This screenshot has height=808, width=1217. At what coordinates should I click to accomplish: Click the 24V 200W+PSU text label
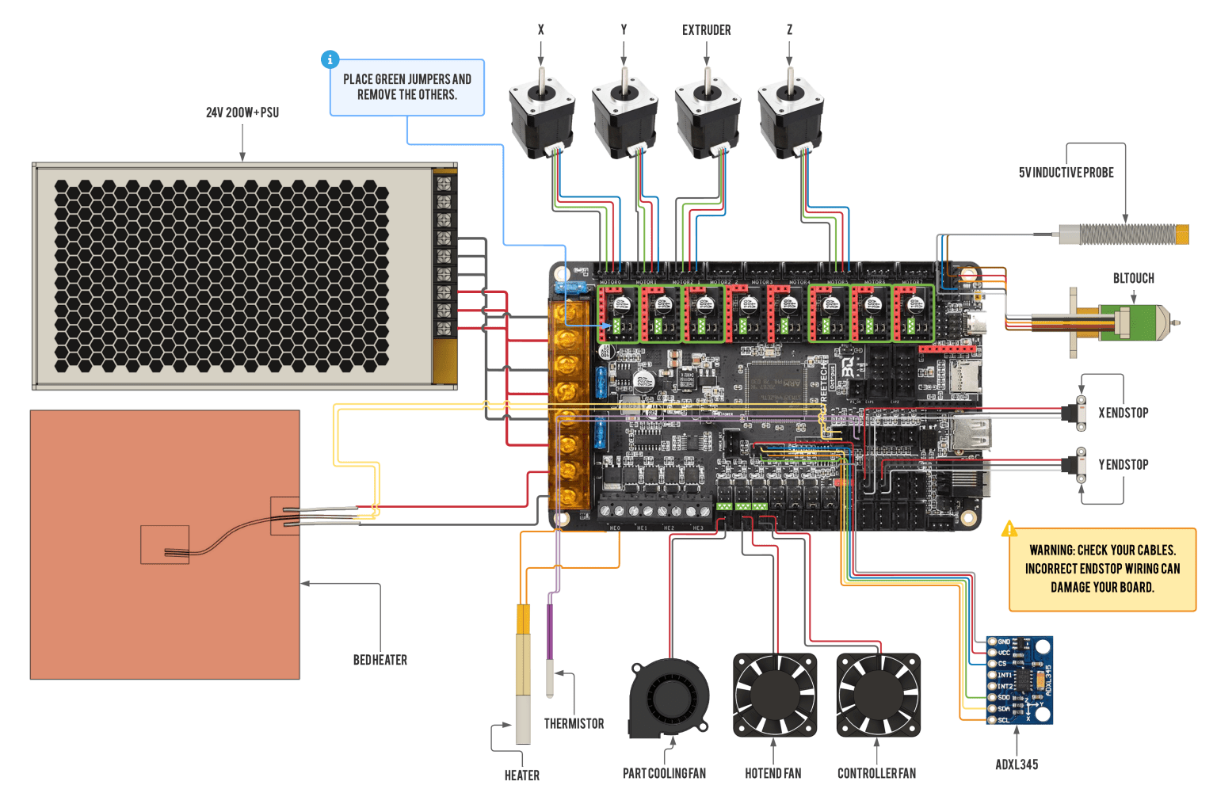point(242,112)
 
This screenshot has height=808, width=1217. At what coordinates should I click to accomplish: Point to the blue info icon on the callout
point(330,59)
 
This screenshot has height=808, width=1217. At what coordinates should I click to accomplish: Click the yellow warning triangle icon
point(1009,529)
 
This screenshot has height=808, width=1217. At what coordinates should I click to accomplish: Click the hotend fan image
point(774,695)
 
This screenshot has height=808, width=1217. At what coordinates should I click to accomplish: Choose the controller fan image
point(878,695)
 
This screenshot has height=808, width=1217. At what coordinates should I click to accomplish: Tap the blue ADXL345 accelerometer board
point(1020,680)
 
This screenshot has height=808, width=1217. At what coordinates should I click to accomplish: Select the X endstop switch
point(1078,413)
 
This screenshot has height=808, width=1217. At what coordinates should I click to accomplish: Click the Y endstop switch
point(1078,464)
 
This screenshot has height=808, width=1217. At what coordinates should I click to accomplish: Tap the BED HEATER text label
point(380,660)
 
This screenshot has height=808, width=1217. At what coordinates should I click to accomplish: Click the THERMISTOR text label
point(574,723)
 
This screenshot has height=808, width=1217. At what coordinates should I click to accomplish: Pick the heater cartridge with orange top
point(523,673)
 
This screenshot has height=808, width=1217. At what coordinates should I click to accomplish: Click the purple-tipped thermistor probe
point(550,650)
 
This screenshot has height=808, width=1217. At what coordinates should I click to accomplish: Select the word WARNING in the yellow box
point(1051,550)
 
